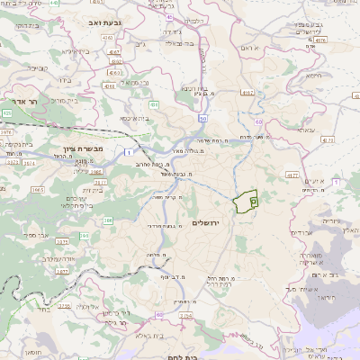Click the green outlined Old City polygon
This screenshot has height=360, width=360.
(245, 202)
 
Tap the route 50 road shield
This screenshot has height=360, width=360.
(203, 119)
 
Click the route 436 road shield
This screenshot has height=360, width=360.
(154, 104)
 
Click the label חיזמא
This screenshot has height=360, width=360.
(313, 76)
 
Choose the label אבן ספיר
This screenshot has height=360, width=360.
(46, 235)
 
